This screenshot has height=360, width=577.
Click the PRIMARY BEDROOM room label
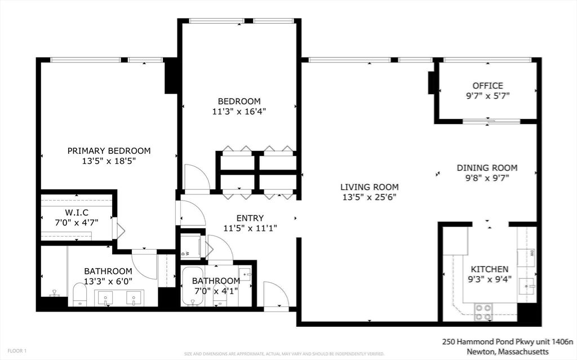(109, 150)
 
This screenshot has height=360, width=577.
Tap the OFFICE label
(487, 86)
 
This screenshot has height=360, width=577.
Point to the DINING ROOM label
(487, 167)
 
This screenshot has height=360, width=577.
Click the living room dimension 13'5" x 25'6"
(369, 197)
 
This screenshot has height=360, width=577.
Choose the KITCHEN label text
(489, 269)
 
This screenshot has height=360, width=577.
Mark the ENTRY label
(250, 218)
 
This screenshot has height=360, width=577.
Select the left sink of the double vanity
(105, 297)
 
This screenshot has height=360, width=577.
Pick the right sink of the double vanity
(134, 297)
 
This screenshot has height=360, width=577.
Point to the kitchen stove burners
(483, 312)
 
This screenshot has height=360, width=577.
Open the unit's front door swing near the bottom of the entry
(276, 295)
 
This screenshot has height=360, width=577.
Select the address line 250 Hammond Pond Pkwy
(507, 341)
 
